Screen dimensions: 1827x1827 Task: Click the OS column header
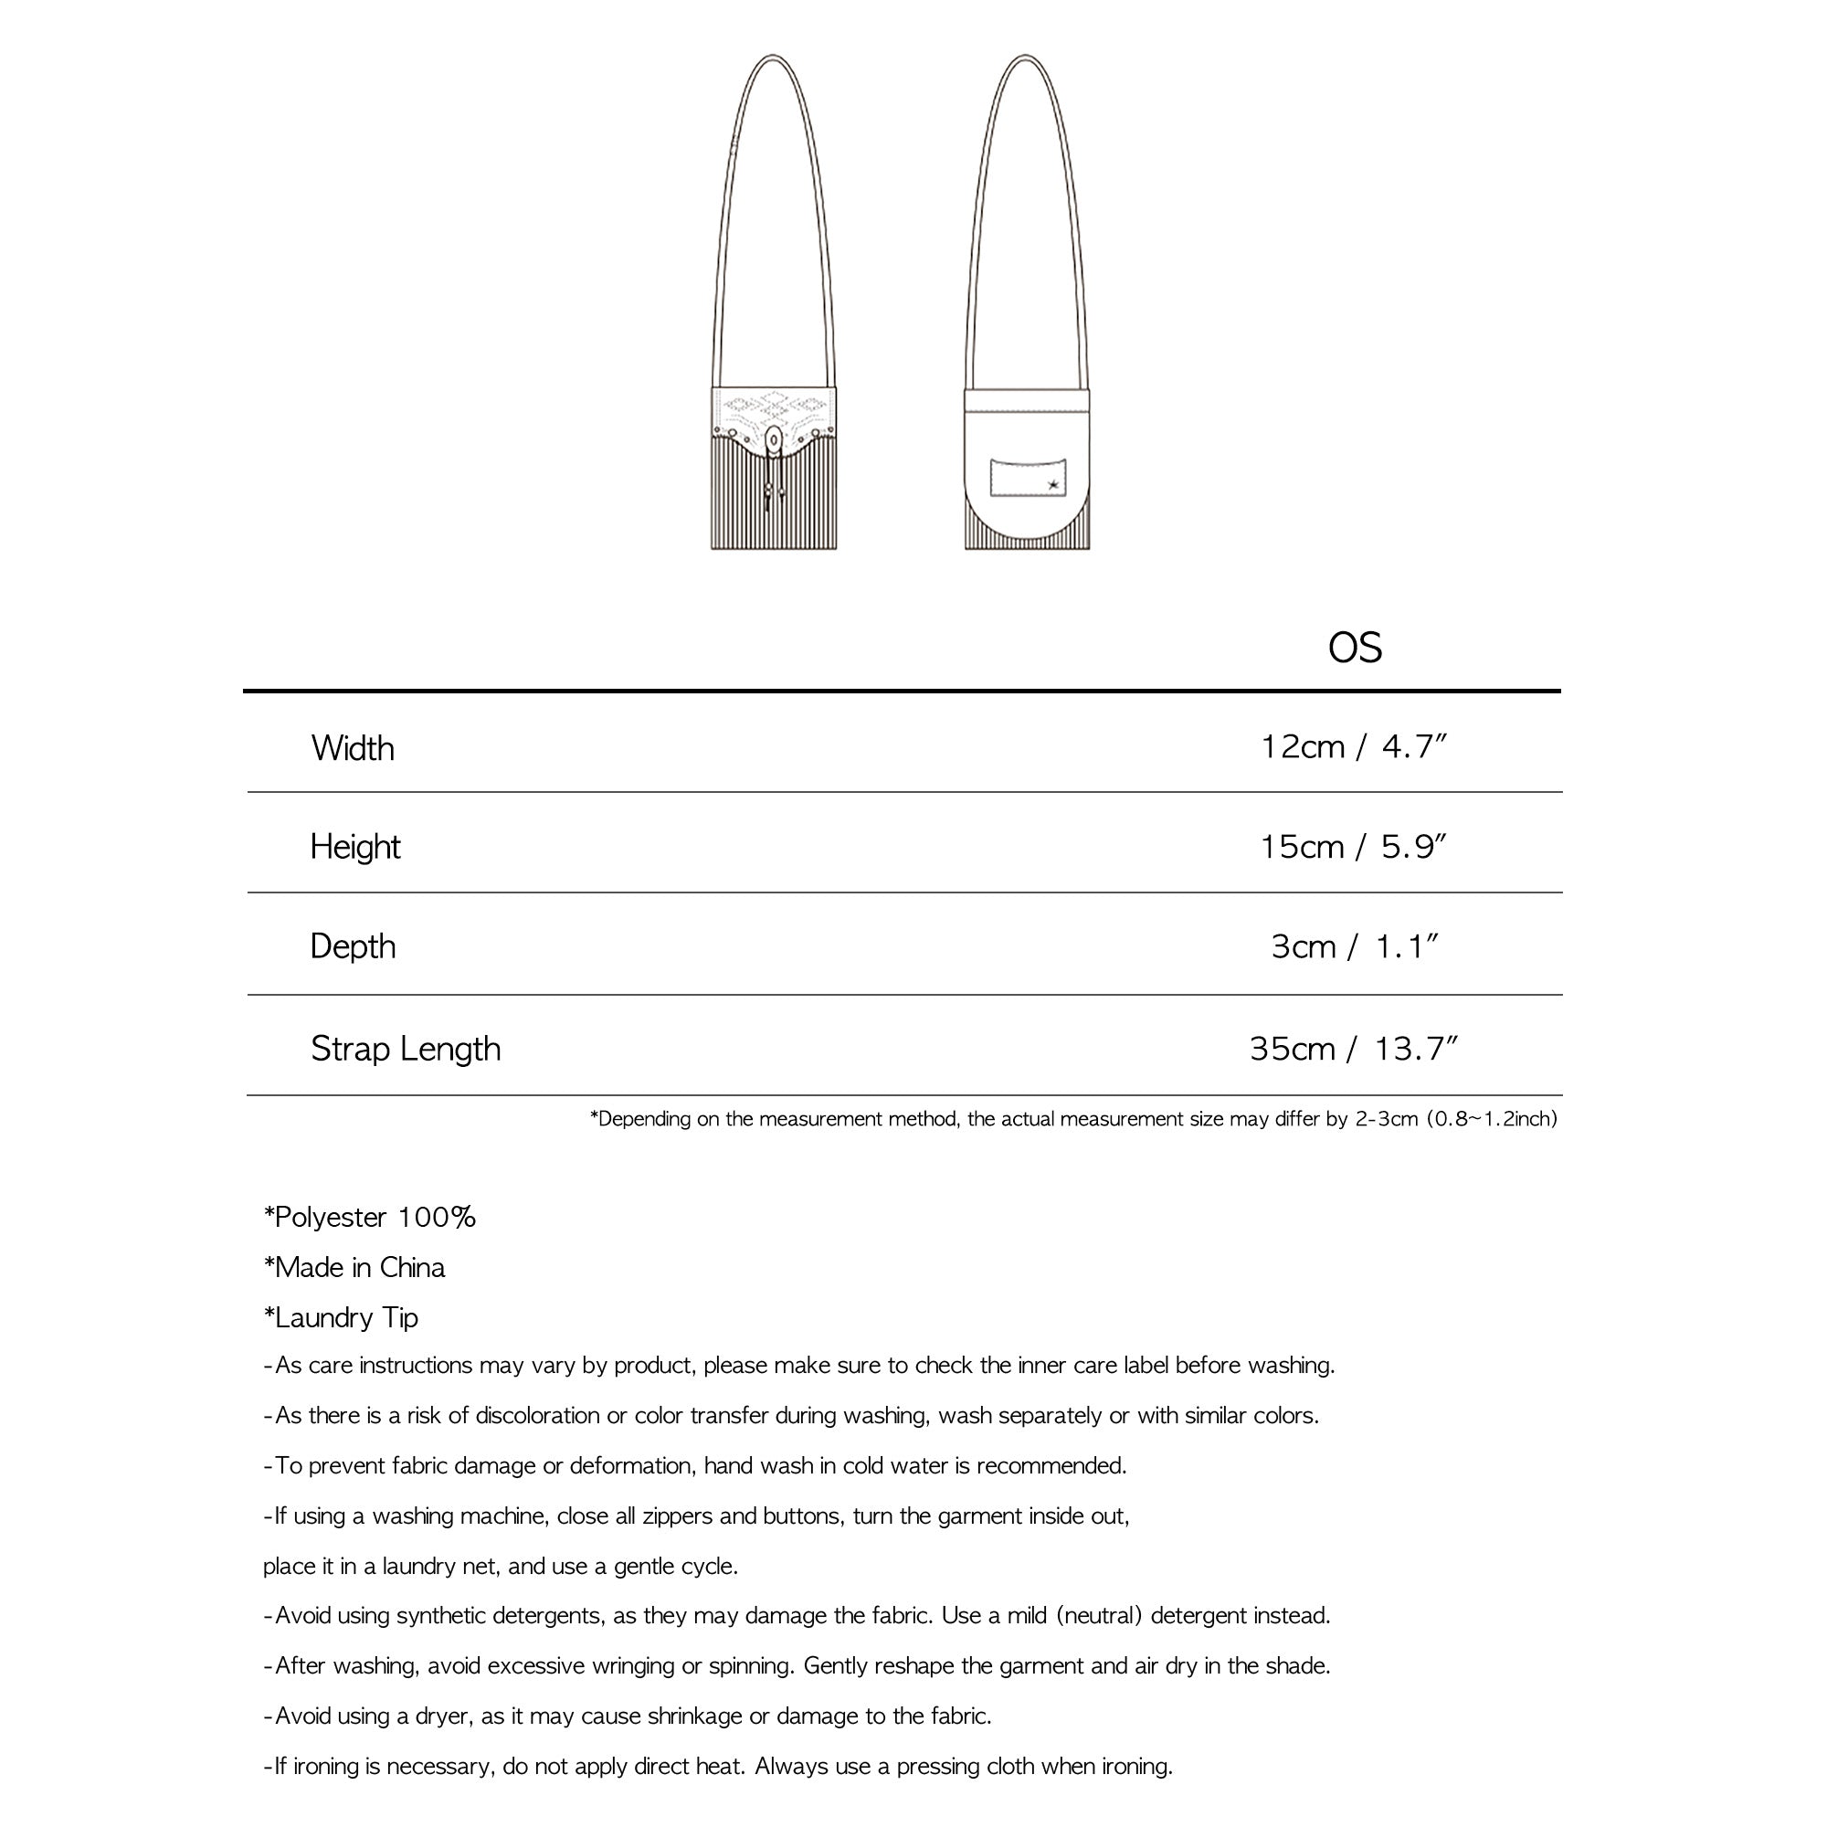pos(1354,649)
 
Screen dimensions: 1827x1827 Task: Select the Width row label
pos(353,749)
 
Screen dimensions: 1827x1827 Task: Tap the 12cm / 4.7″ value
pos(1354,747)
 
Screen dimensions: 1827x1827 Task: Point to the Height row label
pos(354,848)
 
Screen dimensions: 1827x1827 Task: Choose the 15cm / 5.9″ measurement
pos(1353,847)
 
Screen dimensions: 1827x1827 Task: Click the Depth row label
pos(353,946)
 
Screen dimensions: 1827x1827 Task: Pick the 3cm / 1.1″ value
pos(1354,946)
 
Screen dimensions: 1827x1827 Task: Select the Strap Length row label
pos(406,1049)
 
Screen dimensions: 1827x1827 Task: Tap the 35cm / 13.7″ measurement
pos(1353,1049)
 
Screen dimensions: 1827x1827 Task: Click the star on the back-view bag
pos(1052,486)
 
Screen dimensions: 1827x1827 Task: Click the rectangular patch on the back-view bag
pos(1028,477)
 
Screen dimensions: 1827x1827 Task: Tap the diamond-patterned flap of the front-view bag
pos(774,410)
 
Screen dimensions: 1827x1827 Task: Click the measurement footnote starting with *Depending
pos(1073,1120)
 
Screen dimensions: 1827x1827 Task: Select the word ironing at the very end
pos(1136,1767)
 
